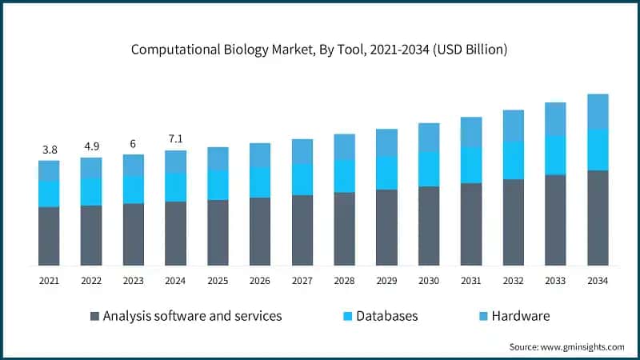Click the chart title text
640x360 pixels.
[x=320, y=50]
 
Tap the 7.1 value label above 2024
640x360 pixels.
[x=175, y=138]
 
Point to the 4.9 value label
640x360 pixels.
[x=91, y=146]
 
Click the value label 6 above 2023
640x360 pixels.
[x=133, y=143]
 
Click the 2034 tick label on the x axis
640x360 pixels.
[x=598, y=281]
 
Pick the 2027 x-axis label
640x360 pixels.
[x=302, y=281]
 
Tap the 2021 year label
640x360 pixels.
[x=49, y=281]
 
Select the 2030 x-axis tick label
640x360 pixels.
[x=429, y=281]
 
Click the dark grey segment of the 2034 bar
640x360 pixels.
[x=598, y=218]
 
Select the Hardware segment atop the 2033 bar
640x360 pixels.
[x=555, y=119]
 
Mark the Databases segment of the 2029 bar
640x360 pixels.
[x=386, y=173]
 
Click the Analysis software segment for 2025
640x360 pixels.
[x=218, y=232]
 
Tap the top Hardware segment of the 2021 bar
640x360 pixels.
[x=49, y=170]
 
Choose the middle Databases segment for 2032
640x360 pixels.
[x=513, y=160]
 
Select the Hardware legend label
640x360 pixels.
[x=521, y=316]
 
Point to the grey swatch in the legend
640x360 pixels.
[x=96, y=316]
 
